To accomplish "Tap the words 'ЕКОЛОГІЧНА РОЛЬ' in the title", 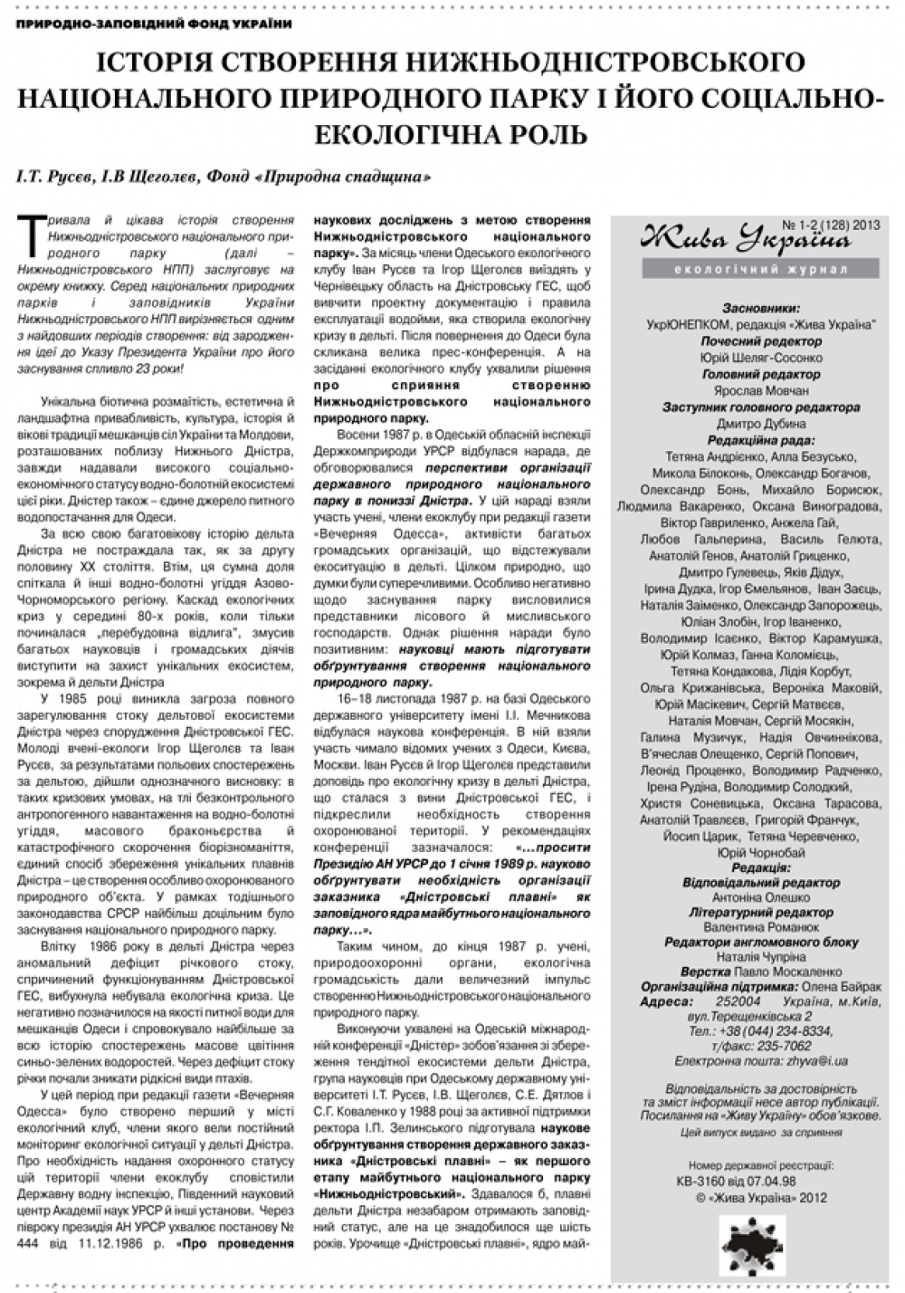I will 452,133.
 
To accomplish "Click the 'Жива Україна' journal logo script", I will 745,239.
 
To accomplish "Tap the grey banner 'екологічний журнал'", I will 747,270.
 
